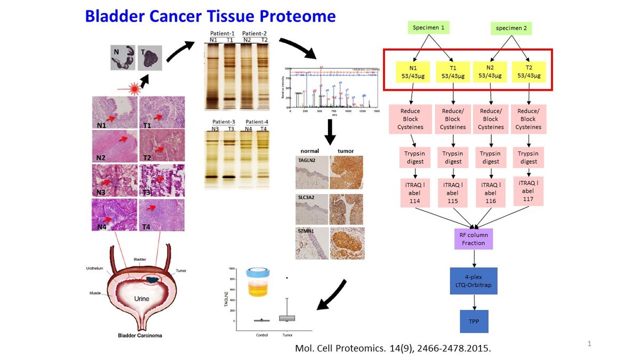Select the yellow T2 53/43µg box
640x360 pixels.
(529, 72)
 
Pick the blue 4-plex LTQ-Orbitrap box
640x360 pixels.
(474, 281)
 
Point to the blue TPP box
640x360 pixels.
(474, 321)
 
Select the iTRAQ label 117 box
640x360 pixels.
(529, 191)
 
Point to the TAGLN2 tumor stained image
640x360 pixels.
(346, 172)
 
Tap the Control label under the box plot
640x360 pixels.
(261, 335)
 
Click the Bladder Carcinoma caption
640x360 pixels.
(140, 335)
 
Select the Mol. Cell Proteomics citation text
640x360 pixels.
(393, 348)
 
